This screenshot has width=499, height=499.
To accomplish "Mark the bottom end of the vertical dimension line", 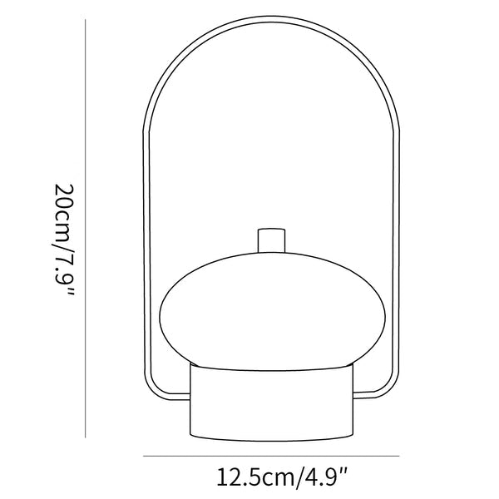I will (x=87, y=435).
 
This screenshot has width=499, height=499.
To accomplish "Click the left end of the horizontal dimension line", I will (x=143, y=456).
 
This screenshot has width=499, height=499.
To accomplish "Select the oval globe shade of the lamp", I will (x=272, y=309).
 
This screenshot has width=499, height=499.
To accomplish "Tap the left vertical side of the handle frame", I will (x=146, y=249).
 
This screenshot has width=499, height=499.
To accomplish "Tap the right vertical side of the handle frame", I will (x=399, y=249).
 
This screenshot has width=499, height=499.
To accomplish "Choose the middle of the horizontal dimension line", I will (x=272, y=456).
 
